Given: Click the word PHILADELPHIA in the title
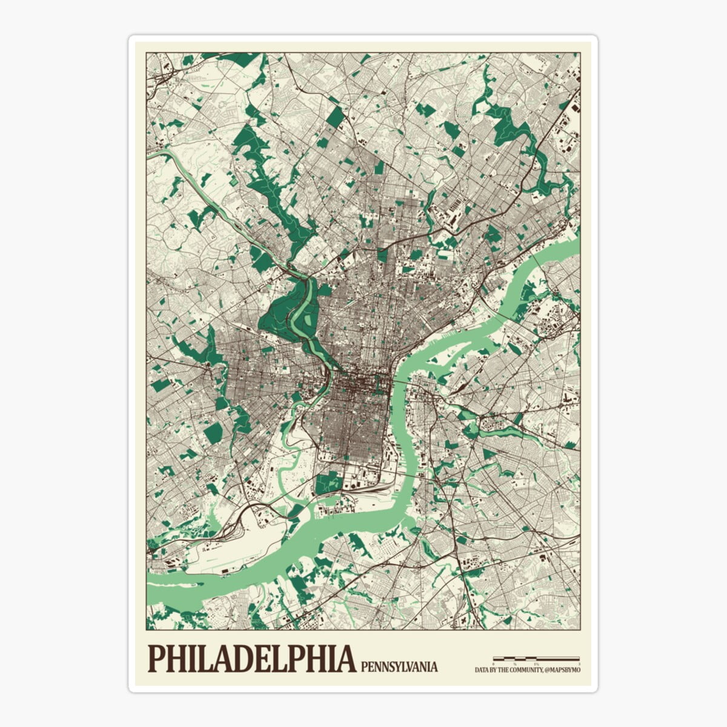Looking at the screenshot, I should tap(251, 659).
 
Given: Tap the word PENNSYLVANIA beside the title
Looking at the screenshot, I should tap(399, 666).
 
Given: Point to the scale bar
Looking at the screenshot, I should tap(536, 658).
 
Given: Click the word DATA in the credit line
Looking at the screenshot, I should tap(483, 669).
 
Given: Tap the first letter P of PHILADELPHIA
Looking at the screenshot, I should tap(156, 659).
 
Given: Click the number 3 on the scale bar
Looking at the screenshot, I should tap(579, 664).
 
